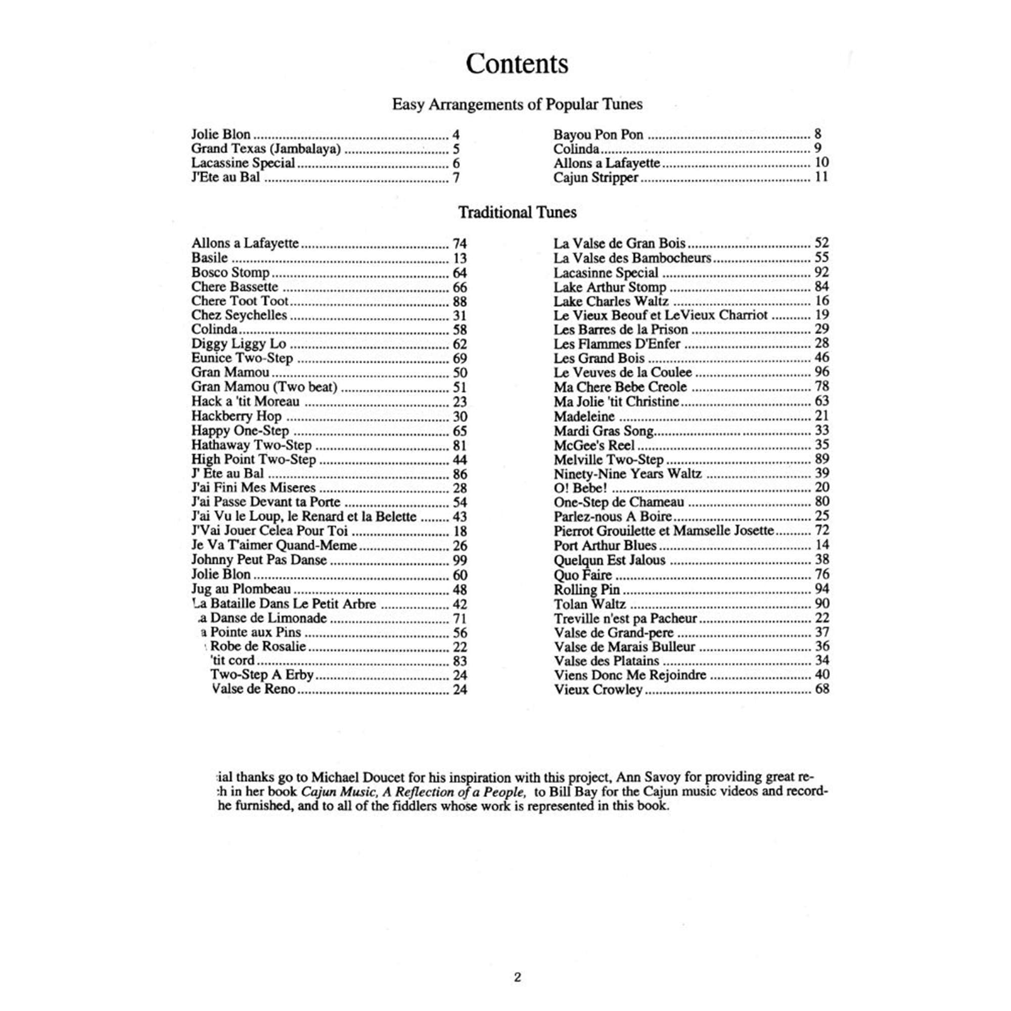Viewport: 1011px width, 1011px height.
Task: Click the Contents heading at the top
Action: click(517, 64)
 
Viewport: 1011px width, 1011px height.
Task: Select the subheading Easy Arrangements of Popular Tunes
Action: click(517, 104)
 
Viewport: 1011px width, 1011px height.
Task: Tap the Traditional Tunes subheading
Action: click(517, 212)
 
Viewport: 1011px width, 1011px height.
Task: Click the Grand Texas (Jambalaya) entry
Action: click(266, 149)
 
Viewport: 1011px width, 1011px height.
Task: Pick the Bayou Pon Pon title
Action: click(598, 134)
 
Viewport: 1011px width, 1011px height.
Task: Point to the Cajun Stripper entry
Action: click(596, 177)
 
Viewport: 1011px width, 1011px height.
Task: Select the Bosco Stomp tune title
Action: click(230, 272)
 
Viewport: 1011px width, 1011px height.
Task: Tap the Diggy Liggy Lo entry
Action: click(239, 344)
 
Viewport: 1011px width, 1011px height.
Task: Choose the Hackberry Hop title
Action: click(237, 416)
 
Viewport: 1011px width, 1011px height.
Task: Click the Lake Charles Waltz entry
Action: click(611, 301)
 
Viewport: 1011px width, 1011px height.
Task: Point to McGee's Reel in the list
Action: click(594, 445)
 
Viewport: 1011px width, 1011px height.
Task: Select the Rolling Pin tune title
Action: click(587, 590)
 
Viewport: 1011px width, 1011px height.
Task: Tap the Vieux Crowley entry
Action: click(598, 690)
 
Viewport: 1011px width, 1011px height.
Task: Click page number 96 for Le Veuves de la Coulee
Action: click(821, 372)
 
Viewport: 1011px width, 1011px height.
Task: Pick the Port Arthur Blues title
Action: click(605, 546)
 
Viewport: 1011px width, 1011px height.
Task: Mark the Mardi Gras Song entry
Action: click(604, 431)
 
